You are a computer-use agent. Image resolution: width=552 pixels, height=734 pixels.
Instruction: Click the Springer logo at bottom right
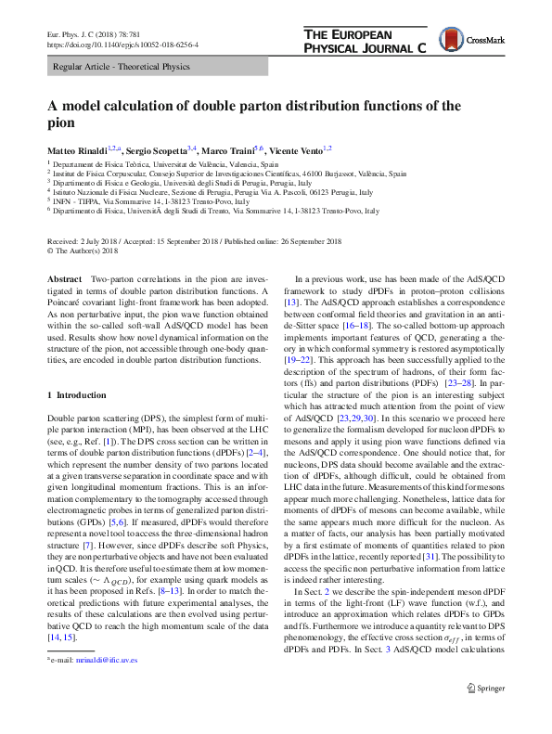(485, 689)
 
